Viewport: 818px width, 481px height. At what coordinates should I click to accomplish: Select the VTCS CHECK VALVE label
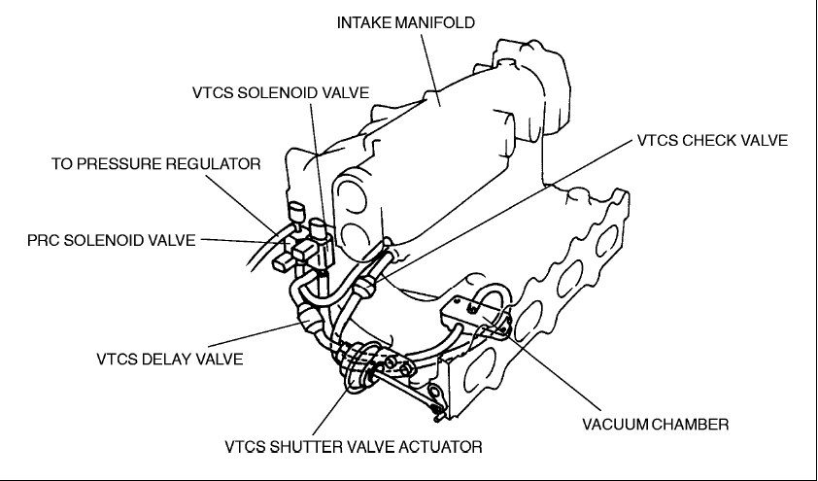(712, 140)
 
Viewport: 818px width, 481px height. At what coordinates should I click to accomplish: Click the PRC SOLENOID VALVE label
(112, 238)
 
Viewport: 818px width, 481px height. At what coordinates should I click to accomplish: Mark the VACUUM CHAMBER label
(656, 424)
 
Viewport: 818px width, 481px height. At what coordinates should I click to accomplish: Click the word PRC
(43, 238)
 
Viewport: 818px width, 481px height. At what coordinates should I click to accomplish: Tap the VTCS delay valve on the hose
(309, 317)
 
